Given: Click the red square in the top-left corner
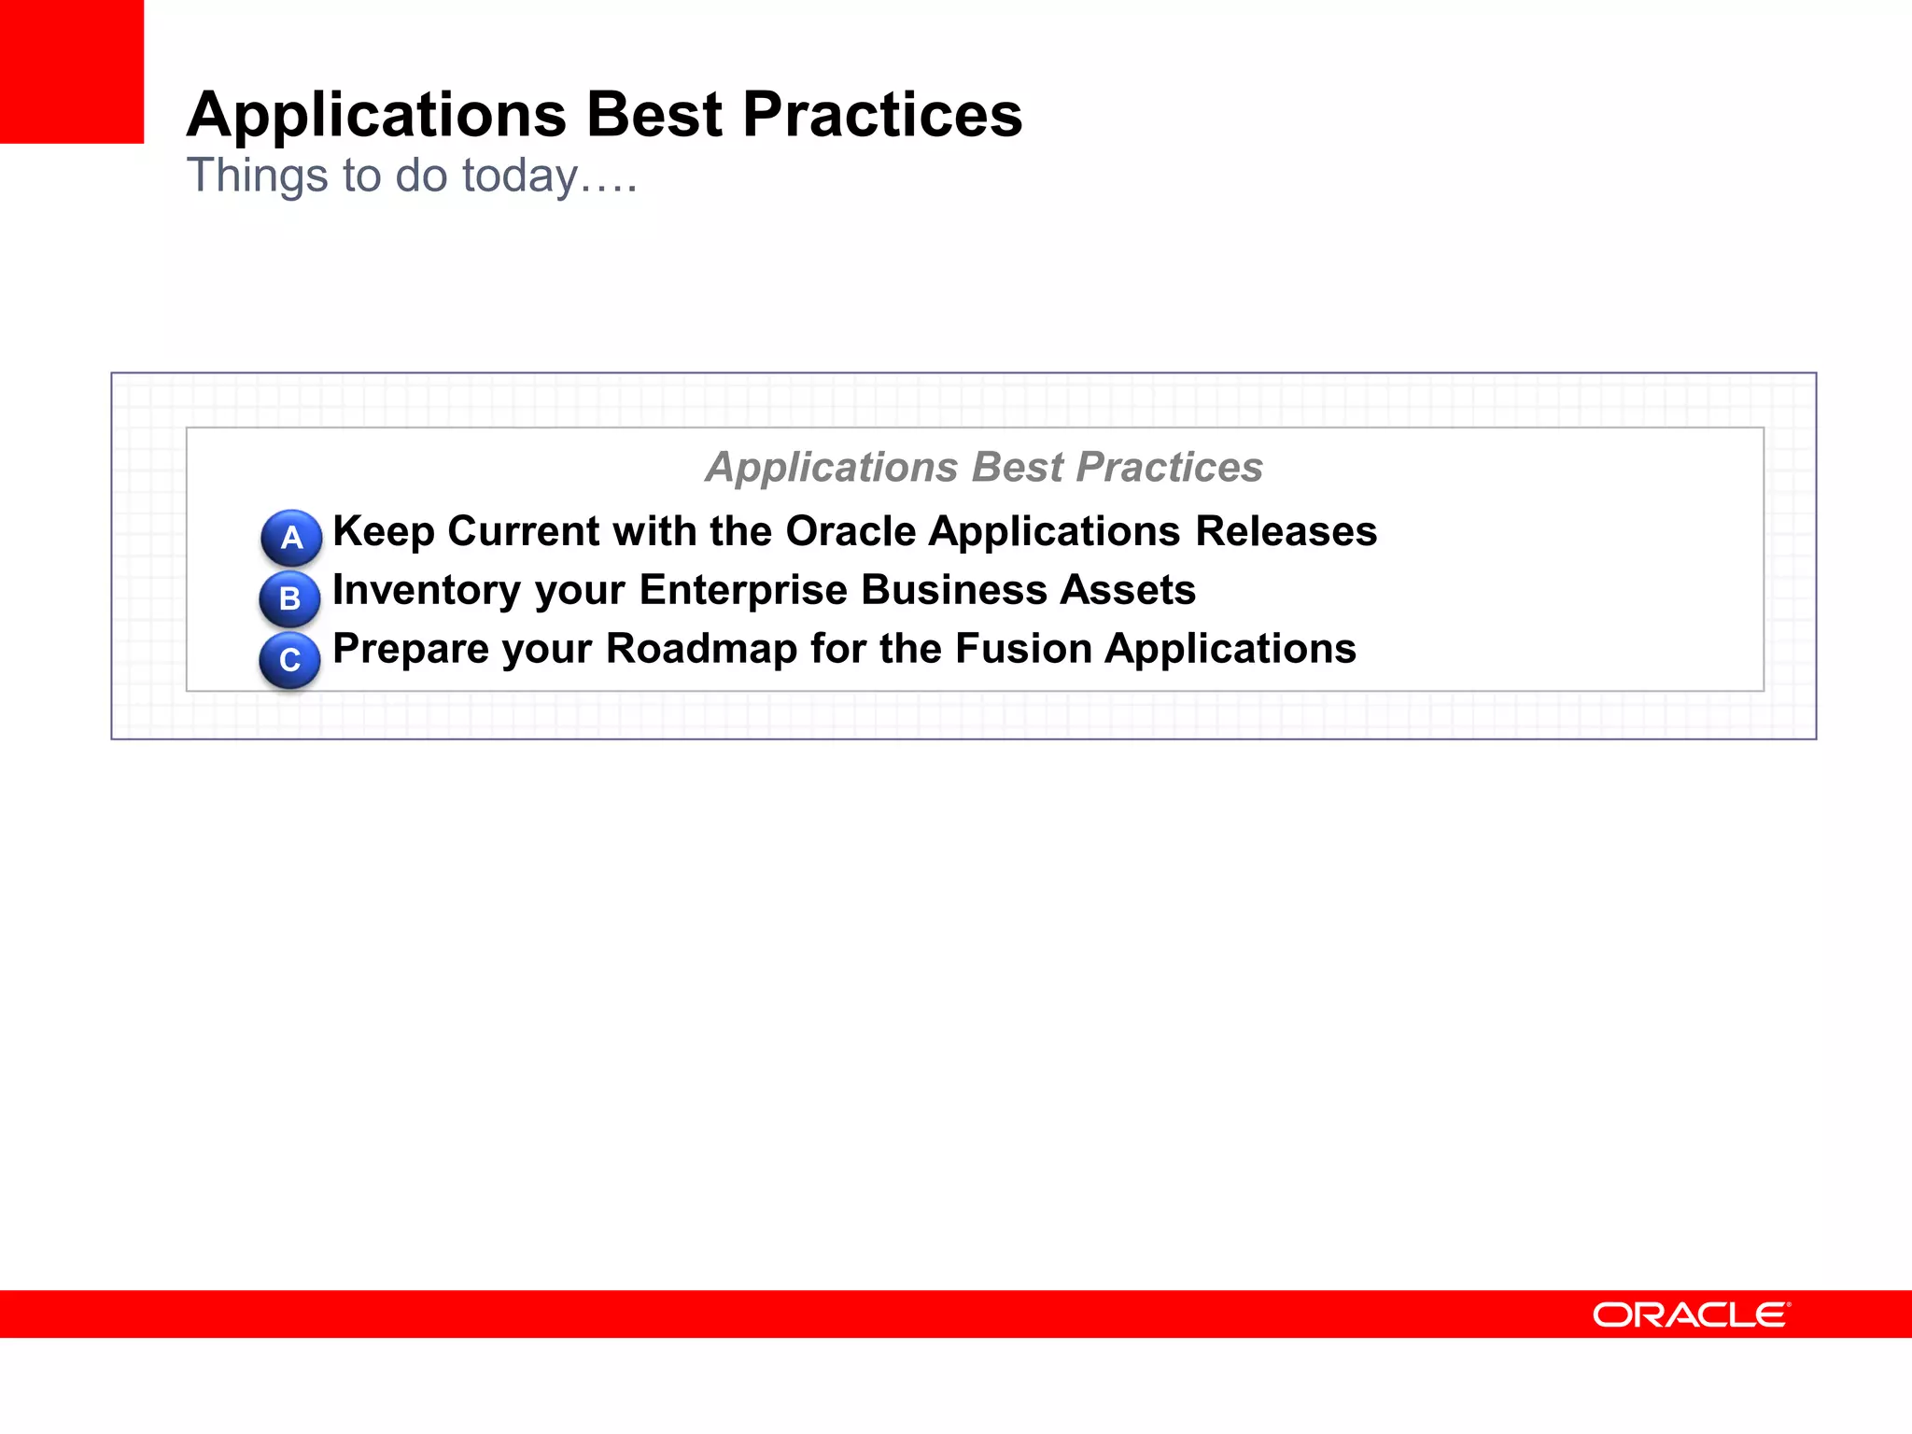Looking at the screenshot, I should (x=71, y=71).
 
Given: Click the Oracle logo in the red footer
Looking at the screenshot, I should (x=1691, y=1314).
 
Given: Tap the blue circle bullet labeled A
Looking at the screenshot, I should (x=291, y=538).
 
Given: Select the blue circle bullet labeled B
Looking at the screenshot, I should (x=289, y=598).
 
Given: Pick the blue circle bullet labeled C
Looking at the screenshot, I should (x=289, y=660).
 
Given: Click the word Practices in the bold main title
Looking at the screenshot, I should (x=882, y=115).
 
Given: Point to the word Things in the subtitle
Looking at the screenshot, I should (x=257, y=176).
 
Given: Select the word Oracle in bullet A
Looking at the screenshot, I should (x=851, y=531).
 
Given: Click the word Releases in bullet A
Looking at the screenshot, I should (x=1286, y=531).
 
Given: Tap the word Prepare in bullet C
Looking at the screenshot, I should (x=410, y=649).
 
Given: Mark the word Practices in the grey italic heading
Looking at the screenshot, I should (x=1169, y=467).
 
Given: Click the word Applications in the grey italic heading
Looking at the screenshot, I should (x=831, y=467).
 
